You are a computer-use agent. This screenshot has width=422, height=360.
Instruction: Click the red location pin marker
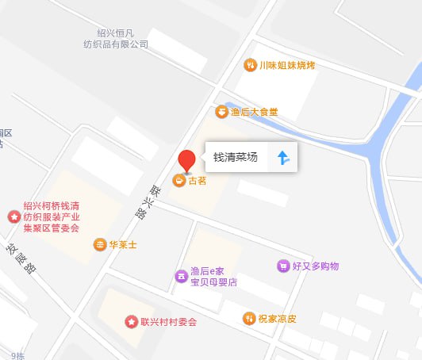pyautogui.click(x=186, y=160)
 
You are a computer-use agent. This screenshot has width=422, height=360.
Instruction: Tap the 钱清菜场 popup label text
pyautogui.click(x=236, y=158)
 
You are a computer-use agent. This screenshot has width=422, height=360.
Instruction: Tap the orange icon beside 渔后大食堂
pyautogui.click(x=221, y=112)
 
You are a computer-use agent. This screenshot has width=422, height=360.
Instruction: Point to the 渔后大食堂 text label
pyautogui.click(x=254, y=112)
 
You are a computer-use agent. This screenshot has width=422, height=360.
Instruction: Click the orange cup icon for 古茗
pyautogui.click(x=180, y=181)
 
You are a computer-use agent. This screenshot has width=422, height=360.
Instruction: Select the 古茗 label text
pyautogui.click(x=198, y=181)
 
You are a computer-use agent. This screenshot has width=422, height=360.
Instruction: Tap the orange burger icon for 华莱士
pyautogui.click(x=99, y=244)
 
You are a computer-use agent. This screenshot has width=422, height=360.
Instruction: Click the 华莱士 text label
pyautogui.click(x=123, y=245)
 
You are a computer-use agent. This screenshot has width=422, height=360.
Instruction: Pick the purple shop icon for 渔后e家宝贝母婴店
pyautogui.click(x=180, y=276)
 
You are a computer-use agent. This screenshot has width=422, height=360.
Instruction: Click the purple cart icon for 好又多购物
pyautogui.click(x=282, y=266)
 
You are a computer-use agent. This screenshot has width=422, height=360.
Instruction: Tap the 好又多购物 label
pyautogui.click(x=315, y=266)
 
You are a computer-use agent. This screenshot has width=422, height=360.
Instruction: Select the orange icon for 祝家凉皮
pyautogui.click(x=249, y=318)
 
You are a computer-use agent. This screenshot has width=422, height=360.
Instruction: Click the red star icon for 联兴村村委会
pyautogui.click(x=131, y=322)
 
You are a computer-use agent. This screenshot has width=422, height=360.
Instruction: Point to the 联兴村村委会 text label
pyautogui.click(x=168, y=322)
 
